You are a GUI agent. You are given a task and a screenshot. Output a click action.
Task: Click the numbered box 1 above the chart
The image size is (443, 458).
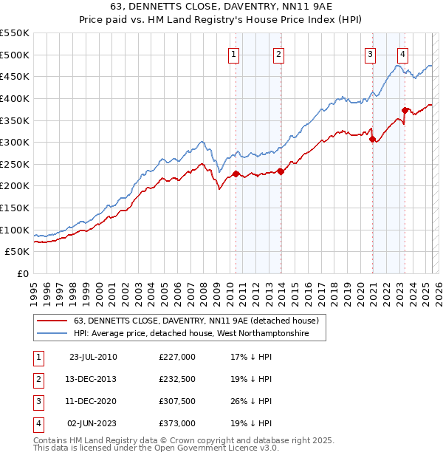[233, 53]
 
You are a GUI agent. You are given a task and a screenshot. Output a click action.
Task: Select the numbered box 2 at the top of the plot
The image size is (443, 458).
[278, 53]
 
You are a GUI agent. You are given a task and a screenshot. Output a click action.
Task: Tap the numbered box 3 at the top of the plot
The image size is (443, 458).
[370, 53]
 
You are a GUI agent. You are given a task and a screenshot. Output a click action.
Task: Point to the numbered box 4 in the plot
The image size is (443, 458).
[402, 53]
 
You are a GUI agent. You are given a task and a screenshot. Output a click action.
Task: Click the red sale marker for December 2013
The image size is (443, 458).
[281, 171]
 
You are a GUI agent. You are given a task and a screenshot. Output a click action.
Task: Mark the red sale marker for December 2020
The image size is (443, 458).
[373, 139]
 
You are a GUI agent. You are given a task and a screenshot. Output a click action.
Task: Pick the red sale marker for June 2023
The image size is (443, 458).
[405, 110]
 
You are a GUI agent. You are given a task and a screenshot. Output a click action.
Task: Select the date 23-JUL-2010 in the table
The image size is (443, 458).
[93, 357]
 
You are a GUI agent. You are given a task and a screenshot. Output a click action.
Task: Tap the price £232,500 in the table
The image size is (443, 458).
[177, 379]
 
